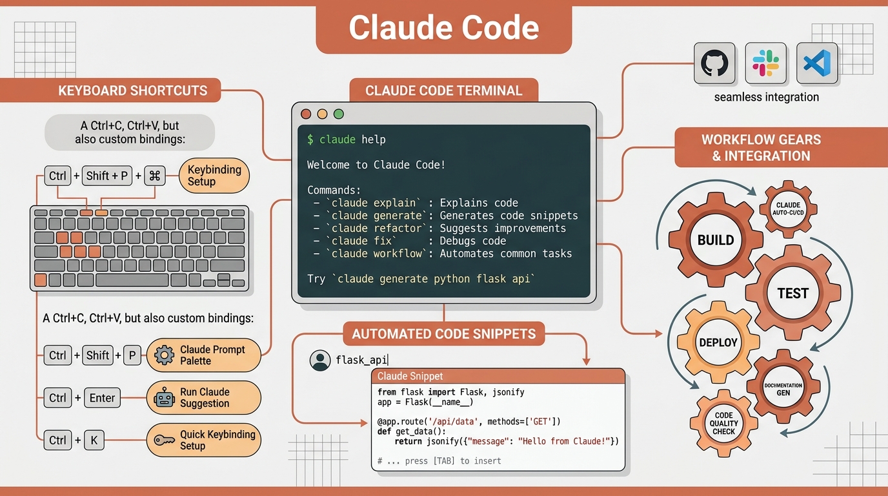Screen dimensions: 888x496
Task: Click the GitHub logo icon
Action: point(714,63)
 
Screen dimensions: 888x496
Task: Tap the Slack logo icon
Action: point(765,63)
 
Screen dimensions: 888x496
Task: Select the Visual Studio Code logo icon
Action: point(816,63)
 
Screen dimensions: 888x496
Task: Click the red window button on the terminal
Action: point(306,114)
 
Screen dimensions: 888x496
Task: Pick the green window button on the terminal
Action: point(339,114)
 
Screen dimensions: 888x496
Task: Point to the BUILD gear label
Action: point(716,240)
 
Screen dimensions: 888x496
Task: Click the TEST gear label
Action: point(792,293)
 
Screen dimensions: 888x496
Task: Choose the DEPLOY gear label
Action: point(718,342)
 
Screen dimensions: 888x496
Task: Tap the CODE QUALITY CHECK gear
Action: point(723,424)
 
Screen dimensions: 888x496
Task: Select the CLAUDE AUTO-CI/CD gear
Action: point(788,209)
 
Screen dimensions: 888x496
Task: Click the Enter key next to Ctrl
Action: point(102,398)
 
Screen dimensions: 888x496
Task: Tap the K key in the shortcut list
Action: point(94,440)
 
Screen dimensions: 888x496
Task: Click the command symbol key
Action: point(155,176)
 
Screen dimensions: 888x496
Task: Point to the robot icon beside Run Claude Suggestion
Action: point(164,398)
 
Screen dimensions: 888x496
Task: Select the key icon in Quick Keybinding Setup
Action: point(164,440)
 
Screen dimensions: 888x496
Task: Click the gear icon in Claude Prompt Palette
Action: point(164,355)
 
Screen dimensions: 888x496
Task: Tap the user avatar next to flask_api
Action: point(320,360)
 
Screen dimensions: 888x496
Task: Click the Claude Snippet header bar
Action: point(498,376)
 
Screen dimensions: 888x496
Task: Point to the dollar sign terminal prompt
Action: point(310,139)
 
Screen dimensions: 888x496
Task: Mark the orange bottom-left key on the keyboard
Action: point(41,280)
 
